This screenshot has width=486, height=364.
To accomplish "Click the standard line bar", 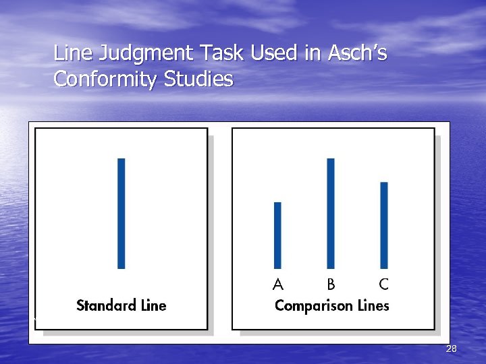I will click(x=122, y=213).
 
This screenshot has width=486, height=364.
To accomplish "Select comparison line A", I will click(x=277, y=235).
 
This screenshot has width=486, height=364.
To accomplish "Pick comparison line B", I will click(x=331, y=213).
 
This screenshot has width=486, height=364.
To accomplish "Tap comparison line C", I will click(x=384, y=224).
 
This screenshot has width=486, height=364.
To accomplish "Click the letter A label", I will click(x=277, y=284).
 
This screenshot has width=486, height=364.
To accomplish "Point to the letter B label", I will click(x=331, y=284).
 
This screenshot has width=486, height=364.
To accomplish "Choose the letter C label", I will click(x=383, y=284).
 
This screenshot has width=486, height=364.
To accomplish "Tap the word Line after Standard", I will click(x=153, y=305).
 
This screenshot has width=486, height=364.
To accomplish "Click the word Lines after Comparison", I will click(x=373, y=305).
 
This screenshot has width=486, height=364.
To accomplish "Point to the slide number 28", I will click(x=452, y=348).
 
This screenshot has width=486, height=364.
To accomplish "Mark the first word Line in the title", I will click(x=69, y=53).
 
